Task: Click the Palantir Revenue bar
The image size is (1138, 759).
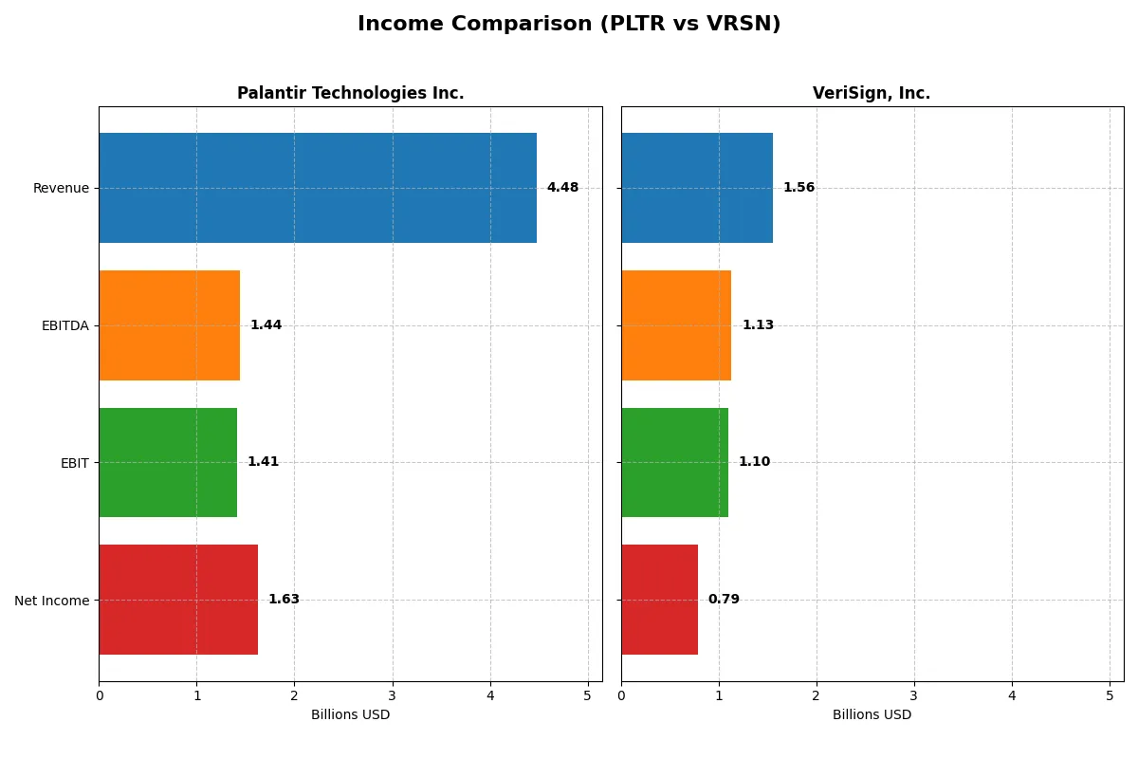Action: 318,188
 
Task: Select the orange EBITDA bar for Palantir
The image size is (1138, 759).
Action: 170,325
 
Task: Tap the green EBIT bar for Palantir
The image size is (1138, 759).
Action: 168,462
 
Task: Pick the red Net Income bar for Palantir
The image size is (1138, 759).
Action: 178,600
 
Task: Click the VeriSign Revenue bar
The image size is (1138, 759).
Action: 697,188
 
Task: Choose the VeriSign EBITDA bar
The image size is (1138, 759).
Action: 676,325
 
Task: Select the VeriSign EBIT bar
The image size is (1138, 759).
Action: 674,462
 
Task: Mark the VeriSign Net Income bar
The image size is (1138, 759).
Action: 659,600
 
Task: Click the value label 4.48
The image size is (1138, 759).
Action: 562,188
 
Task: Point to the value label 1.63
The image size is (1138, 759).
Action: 284,600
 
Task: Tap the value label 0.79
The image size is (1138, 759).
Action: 724,600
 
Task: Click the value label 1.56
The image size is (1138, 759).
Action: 798,188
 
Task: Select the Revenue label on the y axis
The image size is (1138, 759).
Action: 61,188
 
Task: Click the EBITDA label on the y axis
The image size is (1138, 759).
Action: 64,325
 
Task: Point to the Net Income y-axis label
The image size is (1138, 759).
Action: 52,600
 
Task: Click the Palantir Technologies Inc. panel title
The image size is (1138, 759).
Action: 350,93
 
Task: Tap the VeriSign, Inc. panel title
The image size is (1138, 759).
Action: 872,93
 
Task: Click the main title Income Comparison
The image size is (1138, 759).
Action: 569,25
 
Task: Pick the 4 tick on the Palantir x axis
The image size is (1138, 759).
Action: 490,695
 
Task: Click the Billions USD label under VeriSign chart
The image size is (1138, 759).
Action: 872,715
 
